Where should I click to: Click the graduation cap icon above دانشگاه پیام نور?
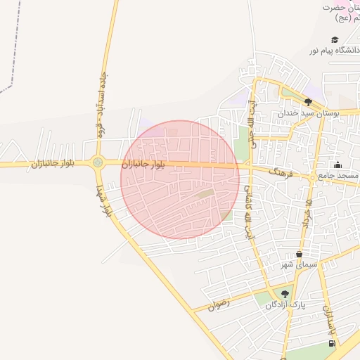coord(335,39)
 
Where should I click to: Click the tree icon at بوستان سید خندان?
coord(307,102)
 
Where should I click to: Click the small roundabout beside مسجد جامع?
coord(311,178)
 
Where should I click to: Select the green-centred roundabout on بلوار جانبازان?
coord(97,162)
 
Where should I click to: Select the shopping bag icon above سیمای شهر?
coord(299,254)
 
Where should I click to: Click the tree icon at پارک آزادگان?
coord(285,295)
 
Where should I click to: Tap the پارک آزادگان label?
coord(287,305)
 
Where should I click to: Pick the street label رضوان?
coord(219,305)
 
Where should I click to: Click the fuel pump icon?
coord(331,343)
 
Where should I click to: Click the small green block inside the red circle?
coord(204,193)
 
